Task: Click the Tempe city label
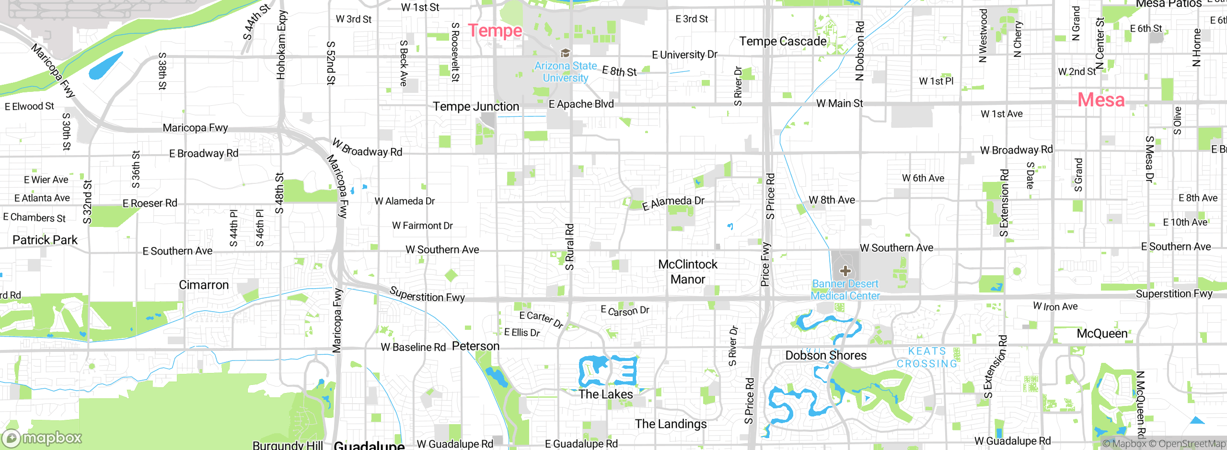point(495,31)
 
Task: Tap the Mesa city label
point(1101,100)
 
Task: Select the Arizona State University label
point(566,72)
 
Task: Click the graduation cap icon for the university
point(566,53)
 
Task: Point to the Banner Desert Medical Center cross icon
point(845,271)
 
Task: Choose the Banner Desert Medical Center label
point(845,290)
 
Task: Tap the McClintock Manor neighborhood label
point(688,271)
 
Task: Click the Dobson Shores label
point(826,355)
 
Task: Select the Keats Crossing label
point(927,358)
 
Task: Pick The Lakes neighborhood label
point(605,394)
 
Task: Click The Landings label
point(671,424)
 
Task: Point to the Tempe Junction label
point(476,106)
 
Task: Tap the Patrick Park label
point(45,240)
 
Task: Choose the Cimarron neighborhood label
point(204,285)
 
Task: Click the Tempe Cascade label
point(783,41)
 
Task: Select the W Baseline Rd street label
point(413,347)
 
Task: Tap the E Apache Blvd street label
point(581,104)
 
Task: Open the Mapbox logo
point(42,438)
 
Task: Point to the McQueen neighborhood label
point(1102,333)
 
